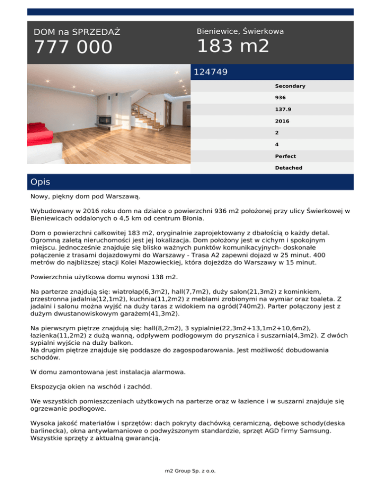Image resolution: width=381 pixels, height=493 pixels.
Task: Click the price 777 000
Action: tap(73, 48)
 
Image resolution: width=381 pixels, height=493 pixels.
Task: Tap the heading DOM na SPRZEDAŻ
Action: tap(77, 32)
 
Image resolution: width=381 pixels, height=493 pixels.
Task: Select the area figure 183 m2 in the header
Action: tap(233, 47)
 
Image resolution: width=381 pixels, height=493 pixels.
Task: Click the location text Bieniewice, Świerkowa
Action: tap(240, 31)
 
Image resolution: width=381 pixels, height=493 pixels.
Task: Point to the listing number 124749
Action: tap(211, 72)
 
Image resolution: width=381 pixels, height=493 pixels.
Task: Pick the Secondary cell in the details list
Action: tap(290, 86)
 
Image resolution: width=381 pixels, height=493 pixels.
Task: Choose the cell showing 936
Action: tap(281, 98)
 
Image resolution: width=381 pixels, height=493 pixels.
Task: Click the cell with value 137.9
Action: tap(283, 110)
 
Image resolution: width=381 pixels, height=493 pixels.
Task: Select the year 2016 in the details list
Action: tap(282, 122)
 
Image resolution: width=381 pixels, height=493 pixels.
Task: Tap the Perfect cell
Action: tap(286, 156)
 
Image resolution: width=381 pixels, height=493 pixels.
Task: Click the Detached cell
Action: tap(289, 168)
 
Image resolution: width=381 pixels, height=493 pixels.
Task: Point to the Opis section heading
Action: tap(40, 182)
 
